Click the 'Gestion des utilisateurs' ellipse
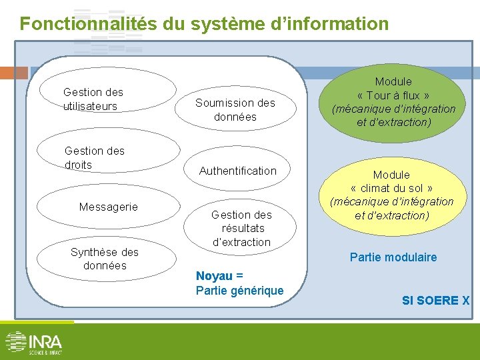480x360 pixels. (107, 99)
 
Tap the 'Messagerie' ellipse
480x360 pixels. (107, 207)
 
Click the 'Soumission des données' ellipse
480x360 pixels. (235, 110)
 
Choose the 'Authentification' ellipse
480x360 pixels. (237, 171)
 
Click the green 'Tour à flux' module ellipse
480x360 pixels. (393, 101)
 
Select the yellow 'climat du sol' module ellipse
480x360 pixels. (391, 195)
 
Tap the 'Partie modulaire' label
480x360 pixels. (393, 257)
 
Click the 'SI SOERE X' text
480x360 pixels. (435, 301)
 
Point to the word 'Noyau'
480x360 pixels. (214, 276)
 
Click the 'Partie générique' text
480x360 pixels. (239, 290)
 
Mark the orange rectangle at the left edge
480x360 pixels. (13, 73)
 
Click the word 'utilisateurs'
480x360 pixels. (90, 106)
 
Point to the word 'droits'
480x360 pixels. (78, 165)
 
